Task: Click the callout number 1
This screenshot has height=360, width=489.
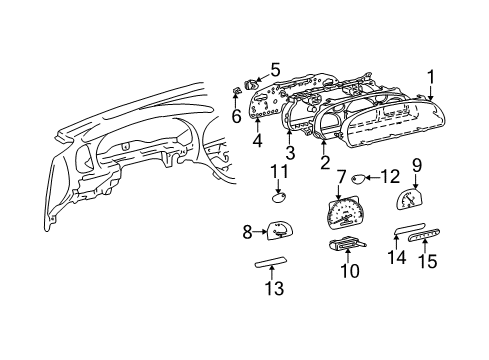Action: (x=431, y=75)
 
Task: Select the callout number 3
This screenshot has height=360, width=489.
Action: (x=291, y=152)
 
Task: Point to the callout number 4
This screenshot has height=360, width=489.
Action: (x=257, y=141)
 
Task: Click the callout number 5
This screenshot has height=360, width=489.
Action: (x=276, y=70)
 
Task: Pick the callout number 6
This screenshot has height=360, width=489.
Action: (x=237, y=116)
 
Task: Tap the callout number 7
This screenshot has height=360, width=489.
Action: (x=341, y=176)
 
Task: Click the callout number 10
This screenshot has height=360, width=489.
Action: (x=350, y=271)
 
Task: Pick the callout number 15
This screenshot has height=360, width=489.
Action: (x=427, y=262)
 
